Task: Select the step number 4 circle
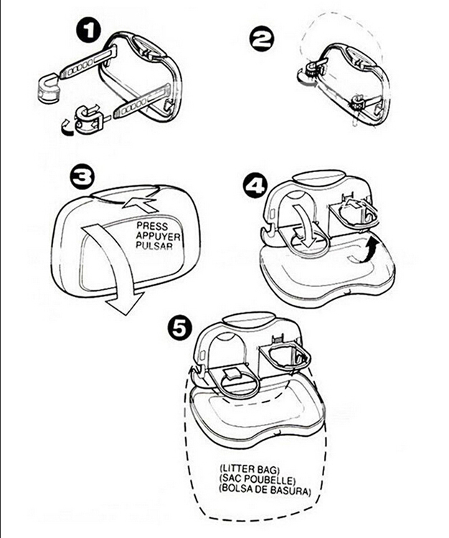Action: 253,185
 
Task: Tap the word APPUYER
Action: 158,235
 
